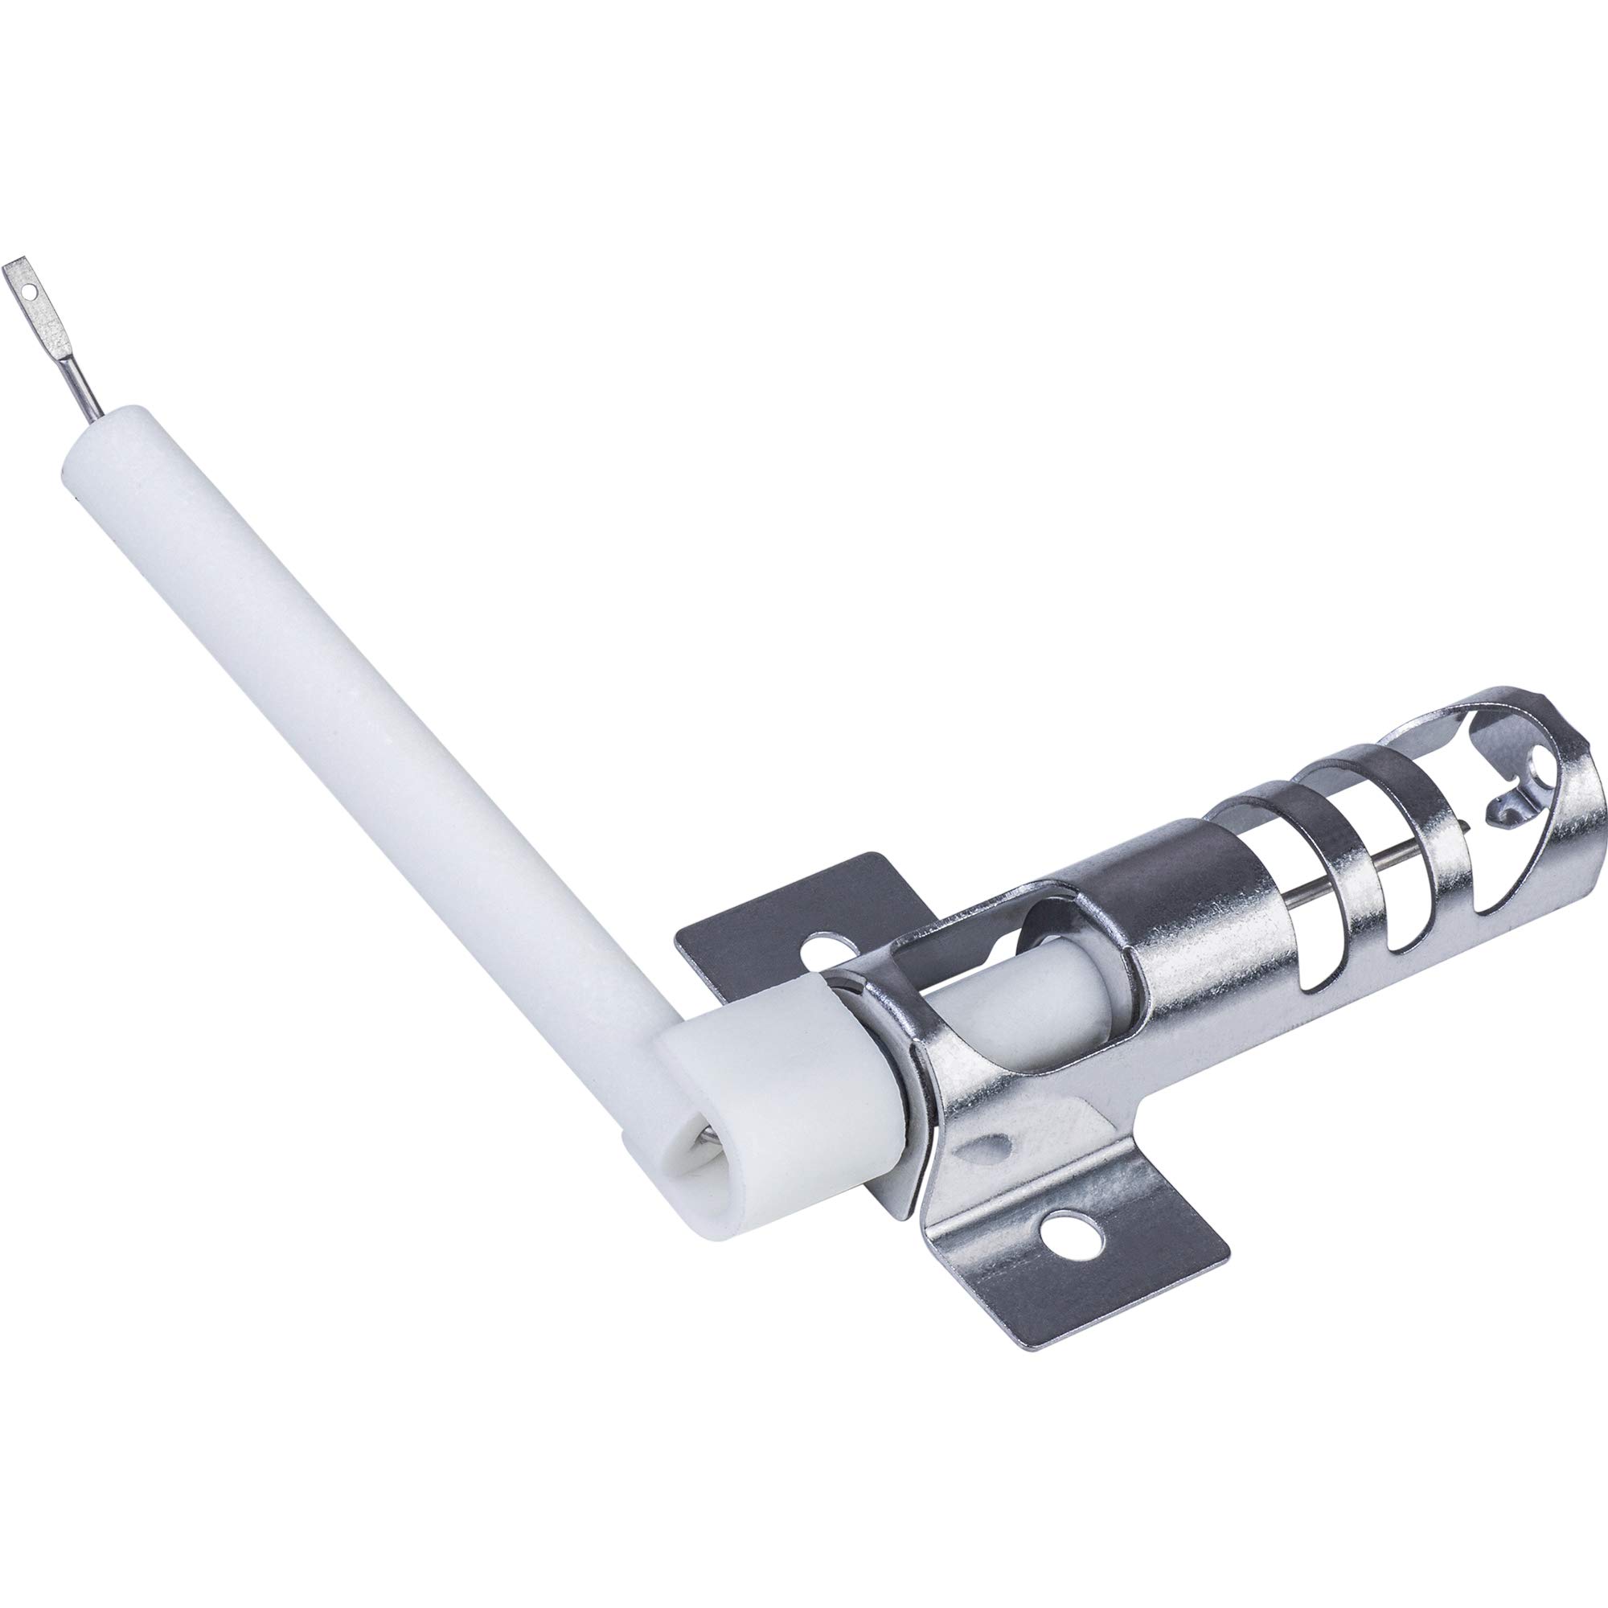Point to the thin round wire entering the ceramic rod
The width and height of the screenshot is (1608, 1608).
tap(90, 382)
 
